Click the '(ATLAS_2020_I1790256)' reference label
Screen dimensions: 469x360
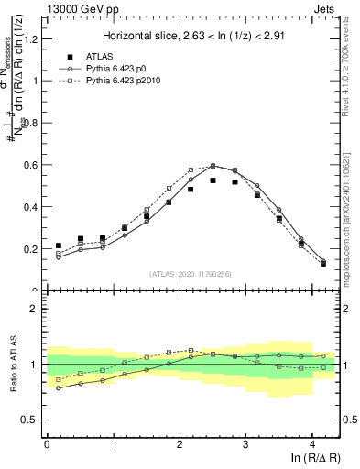tap(191, 273)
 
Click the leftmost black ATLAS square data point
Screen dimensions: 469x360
tap(59, 245)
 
